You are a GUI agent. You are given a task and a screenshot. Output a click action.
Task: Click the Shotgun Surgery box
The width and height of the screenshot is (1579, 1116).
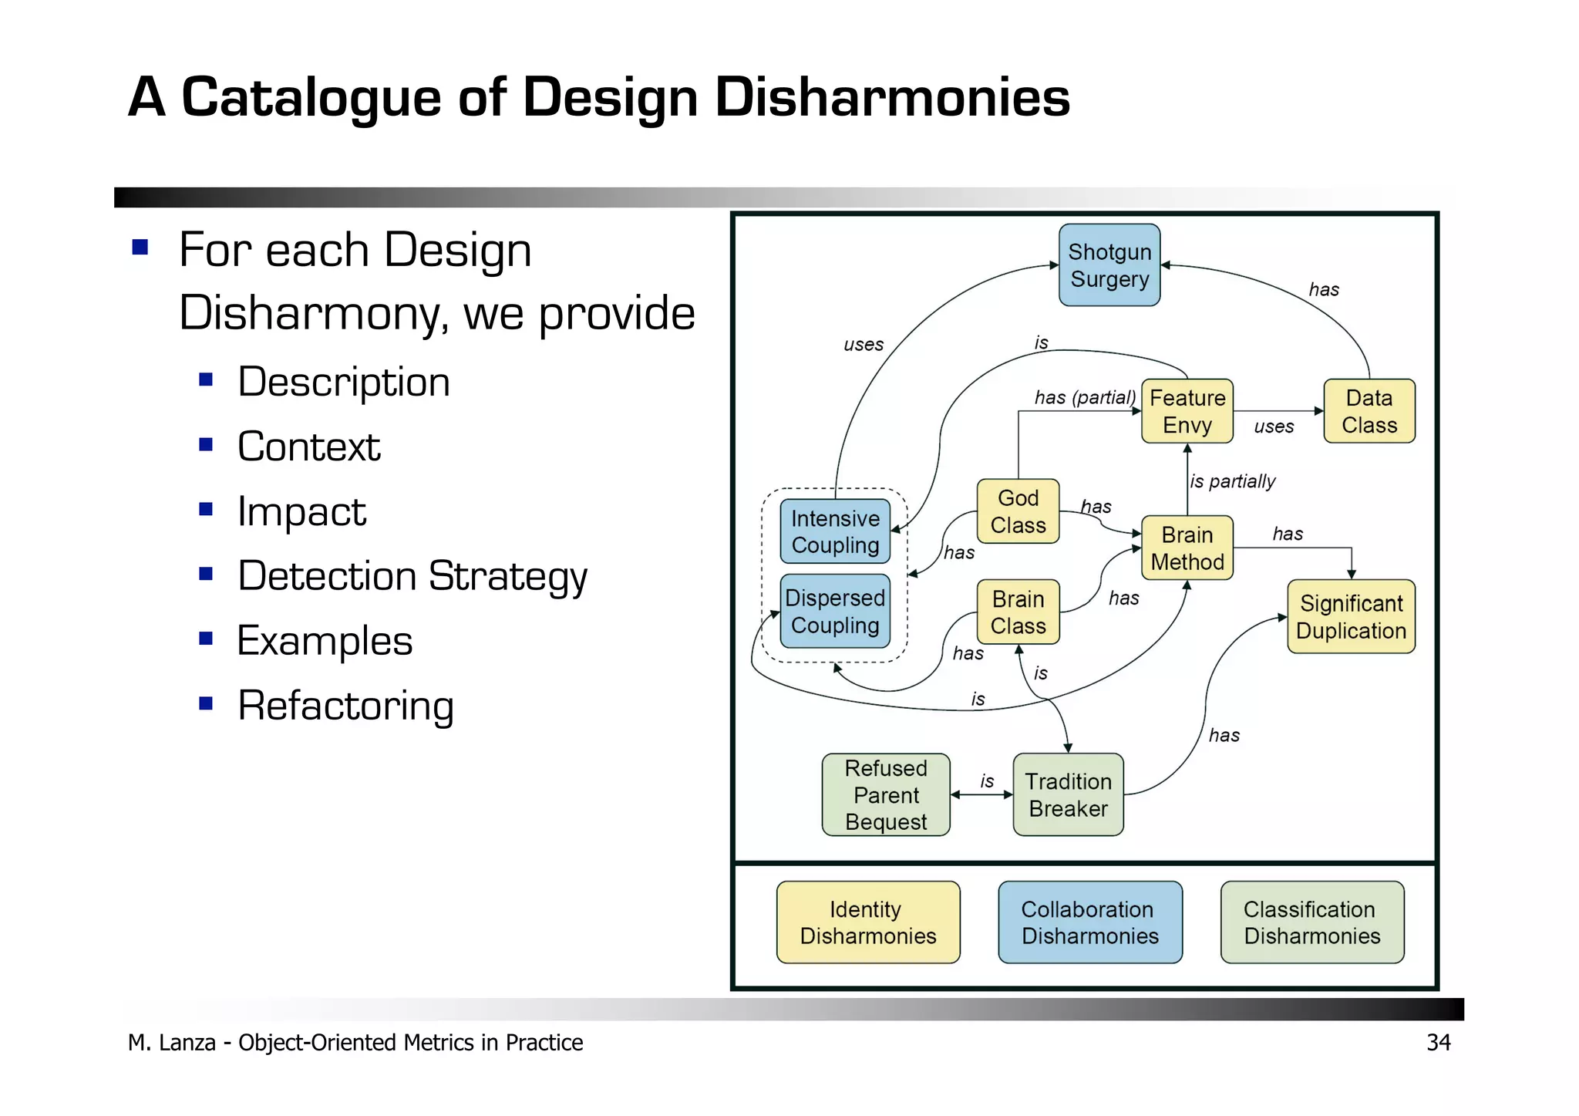click(1109, 265)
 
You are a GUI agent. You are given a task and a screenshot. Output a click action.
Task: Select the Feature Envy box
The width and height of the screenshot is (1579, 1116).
click(1187, 411)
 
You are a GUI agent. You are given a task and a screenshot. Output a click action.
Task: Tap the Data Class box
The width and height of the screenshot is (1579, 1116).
click(1369, 411)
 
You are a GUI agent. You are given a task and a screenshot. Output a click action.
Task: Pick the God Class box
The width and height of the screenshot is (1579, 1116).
click(1018, 511)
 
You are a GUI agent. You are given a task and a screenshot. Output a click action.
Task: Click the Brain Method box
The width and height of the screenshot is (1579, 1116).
click(1187, 548)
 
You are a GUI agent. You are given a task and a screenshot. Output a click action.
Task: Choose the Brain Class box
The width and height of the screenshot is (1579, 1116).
click(1018, 612)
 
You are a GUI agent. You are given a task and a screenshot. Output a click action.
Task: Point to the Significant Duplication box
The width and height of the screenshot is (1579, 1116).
click(1351, 617)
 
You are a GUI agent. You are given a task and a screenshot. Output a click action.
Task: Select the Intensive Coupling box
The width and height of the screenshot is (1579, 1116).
click(835, 531)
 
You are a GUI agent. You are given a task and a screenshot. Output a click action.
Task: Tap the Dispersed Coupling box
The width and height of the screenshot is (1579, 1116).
click(835, 611)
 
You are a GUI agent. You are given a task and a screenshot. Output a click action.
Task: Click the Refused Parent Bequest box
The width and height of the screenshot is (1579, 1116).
click(886, 794)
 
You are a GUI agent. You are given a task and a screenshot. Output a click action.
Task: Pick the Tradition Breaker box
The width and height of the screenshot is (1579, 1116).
click(1068, 794)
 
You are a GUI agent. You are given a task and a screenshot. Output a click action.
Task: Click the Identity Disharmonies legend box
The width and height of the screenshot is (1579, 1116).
click(868, 922)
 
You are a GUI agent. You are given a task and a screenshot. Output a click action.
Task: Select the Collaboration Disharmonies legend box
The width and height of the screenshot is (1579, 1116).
click(1089, 922)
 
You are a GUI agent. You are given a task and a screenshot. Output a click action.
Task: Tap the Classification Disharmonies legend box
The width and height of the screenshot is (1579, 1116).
click(1311, 922)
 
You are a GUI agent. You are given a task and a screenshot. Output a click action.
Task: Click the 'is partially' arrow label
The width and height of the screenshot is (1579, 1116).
click(1232, 481)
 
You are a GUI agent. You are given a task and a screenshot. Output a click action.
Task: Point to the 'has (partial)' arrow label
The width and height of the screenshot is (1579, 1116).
click(1084, 397)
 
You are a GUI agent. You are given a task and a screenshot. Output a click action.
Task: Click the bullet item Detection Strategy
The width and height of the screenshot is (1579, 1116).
click(412, 576)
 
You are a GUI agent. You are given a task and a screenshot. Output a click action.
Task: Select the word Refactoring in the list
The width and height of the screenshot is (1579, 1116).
click(345, 706)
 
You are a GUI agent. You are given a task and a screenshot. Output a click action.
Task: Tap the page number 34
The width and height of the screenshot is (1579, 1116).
click(1438, 1043)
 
